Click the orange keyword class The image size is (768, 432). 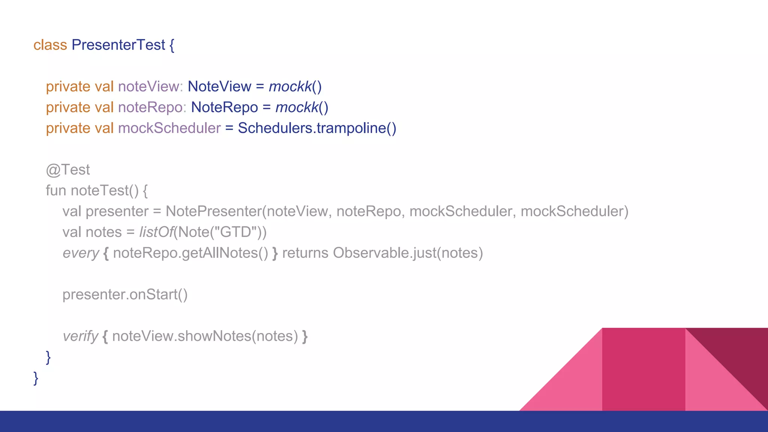50,45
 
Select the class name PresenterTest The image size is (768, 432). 118,45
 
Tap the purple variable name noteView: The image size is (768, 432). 150,87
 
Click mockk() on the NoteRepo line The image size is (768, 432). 302,108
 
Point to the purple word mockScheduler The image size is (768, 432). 169,128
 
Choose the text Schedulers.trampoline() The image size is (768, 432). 317,128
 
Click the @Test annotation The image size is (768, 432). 68,170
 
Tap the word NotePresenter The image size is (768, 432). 213,211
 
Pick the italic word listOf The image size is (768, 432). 156,232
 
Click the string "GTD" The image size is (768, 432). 235,232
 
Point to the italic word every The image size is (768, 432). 81,253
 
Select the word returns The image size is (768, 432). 305,253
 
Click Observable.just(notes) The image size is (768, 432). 408,253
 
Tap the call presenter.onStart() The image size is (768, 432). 125,295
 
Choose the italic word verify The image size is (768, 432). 80,336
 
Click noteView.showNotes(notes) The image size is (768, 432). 205,336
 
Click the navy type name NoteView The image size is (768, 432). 219,87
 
